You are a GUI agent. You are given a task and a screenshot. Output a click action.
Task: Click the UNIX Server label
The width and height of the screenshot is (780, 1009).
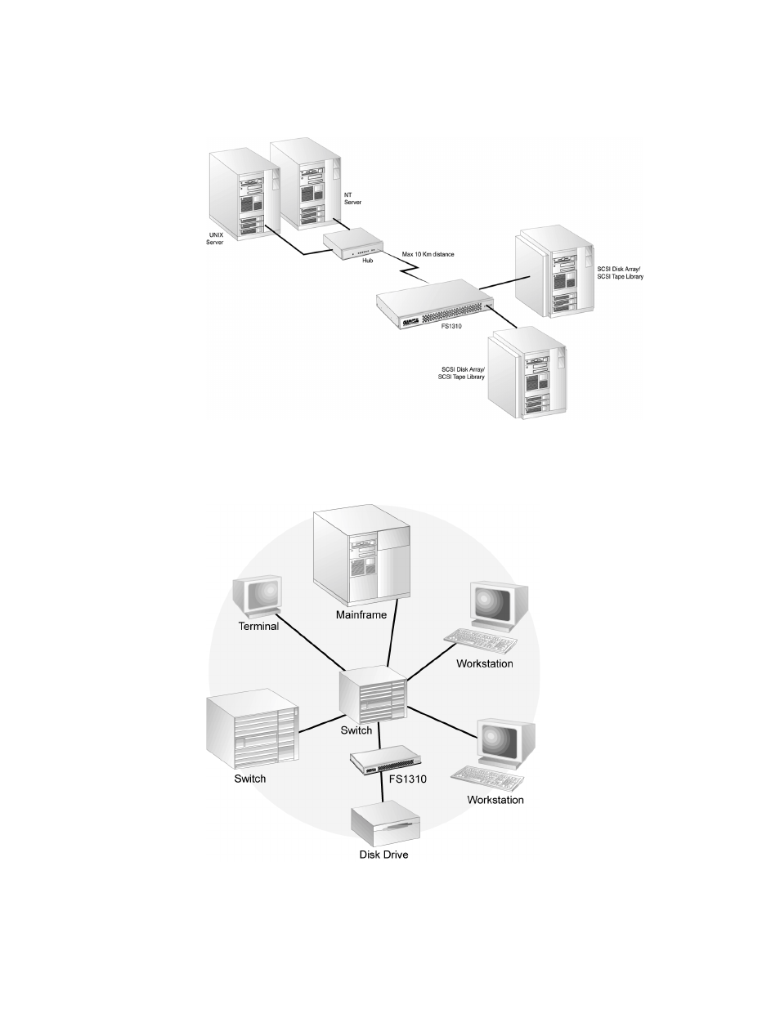pos(215,239)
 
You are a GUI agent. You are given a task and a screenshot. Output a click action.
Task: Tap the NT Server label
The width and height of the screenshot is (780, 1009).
pos(352,199)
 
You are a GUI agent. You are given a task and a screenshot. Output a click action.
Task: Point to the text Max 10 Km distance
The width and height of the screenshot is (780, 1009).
pos(428,254)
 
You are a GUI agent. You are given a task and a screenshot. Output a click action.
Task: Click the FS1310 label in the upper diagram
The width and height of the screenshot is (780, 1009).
pos(451,326)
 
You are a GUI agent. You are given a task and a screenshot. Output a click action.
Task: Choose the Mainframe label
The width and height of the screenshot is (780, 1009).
pos(361,614)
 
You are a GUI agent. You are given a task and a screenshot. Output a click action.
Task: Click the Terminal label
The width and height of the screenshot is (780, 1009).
pos(258,627)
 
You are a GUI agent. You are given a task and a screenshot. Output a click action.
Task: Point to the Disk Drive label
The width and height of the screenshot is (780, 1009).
pos(383,855)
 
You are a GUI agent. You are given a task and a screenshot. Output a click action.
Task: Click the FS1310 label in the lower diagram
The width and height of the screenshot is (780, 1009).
pos(407,779)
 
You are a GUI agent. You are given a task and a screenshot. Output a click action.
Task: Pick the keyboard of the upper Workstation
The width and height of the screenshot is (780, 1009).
pos(481,641)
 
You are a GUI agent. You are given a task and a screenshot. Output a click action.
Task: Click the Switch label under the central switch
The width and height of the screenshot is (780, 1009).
pos(356,730)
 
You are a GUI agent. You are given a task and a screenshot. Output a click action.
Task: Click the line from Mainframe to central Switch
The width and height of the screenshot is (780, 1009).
pos(392,632)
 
